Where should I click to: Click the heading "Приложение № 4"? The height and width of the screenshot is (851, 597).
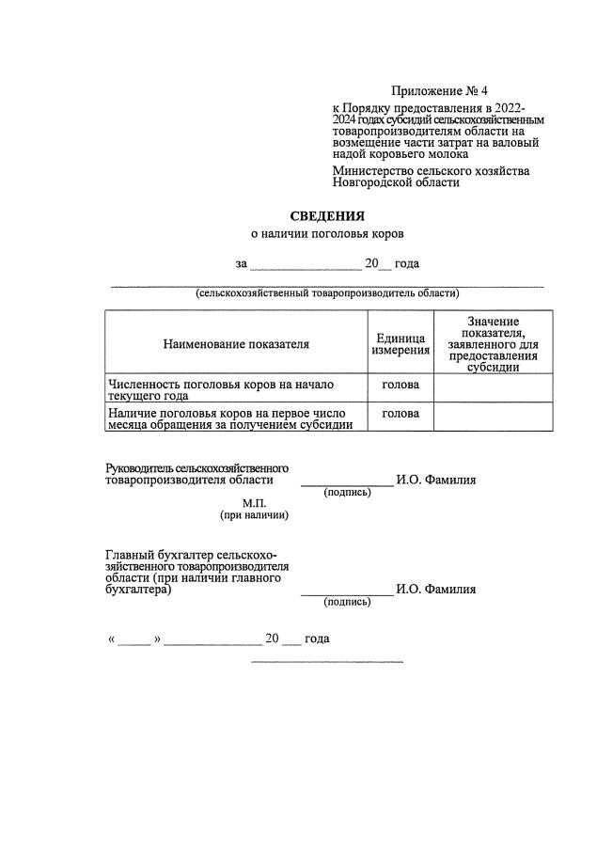click(x=439, y=91)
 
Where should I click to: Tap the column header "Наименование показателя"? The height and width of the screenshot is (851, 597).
click(x=236, y=344)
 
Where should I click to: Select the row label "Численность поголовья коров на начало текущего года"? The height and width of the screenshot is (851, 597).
click(x=222, y=389)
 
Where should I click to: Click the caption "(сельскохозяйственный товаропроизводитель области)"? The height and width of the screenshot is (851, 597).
click(x=327, y=293)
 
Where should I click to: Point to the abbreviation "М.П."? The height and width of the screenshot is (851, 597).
click(x=255, y=502)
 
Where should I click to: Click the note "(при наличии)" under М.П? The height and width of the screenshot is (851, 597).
click(x=254, y=514)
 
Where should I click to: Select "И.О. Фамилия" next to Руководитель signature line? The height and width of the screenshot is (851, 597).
click(x=436, y=480)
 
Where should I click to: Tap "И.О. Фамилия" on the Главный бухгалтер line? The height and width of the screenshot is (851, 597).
click(x=436, y=590)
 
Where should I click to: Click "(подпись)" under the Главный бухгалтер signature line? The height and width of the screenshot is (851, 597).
click(x=347, y=602)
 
